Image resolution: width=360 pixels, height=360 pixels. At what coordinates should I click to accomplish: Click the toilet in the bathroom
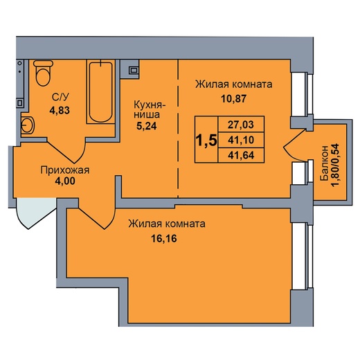point(43,73)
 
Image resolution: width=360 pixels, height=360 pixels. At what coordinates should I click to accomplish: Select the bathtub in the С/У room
point(101,92)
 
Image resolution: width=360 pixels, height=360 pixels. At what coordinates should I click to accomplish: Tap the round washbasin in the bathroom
point(28,125)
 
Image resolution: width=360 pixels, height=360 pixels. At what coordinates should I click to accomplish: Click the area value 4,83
point(60,110)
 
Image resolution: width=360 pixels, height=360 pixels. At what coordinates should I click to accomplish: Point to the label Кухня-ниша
point(150,109)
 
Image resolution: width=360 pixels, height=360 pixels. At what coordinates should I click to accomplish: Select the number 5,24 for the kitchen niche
point(147,126)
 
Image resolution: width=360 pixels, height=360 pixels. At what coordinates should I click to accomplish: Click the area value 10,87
point(234,99)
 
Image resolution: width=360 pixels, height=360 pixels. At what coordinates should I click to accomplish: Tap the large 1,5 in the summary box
point(206,140)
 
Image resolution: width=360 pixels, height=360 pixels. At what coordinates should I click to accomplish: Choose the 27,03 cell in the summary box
point(241,125)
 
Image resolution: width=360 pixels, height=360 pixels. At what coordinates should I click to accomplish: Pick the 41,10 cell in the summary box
point(241,140)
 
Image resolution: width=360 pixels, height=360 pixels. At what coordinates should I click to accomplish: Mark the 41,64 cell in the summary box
point(241,155)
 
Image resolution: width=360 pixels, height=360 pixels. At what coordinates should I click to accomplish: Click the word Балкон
point(324,163)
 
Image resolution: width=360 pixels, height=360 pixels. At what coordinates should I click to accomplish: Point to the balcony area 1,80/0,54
point(335,165)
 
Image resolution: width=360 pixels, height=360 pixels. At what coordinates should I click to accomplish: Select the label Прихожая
point(65,170)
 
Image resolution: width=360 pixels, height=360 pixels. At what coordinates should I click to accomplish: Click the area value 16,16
point(164,238)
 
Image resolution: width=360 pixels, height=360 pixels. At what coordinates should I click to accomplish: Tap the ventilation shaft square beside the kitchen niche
point(134,70)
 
